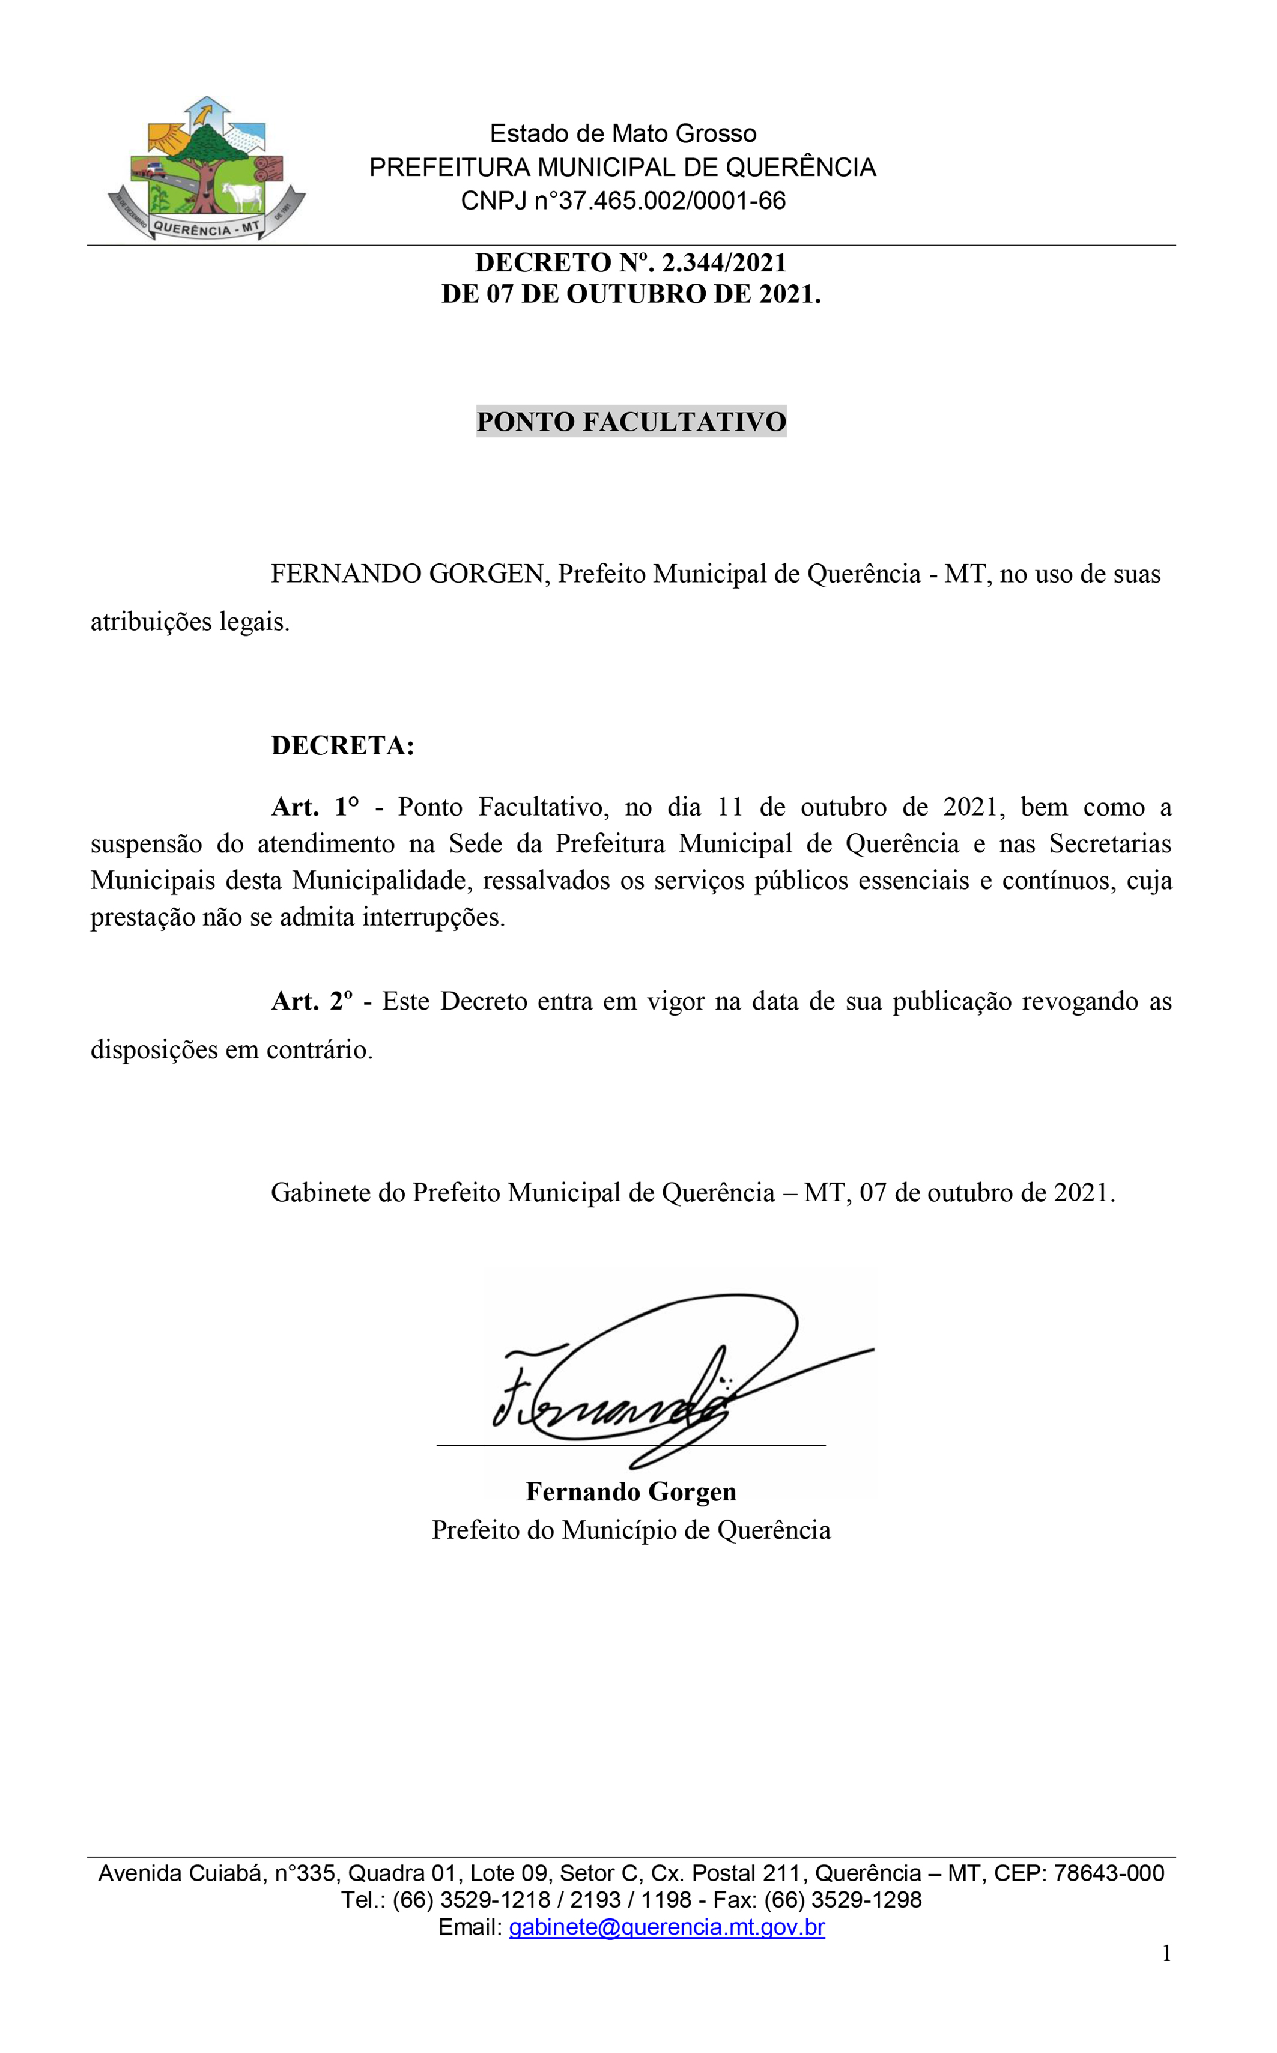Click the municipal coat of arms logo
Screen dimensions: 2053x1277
[206, 169]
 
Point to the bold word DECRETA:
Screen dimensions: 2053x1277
[342, 746]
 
